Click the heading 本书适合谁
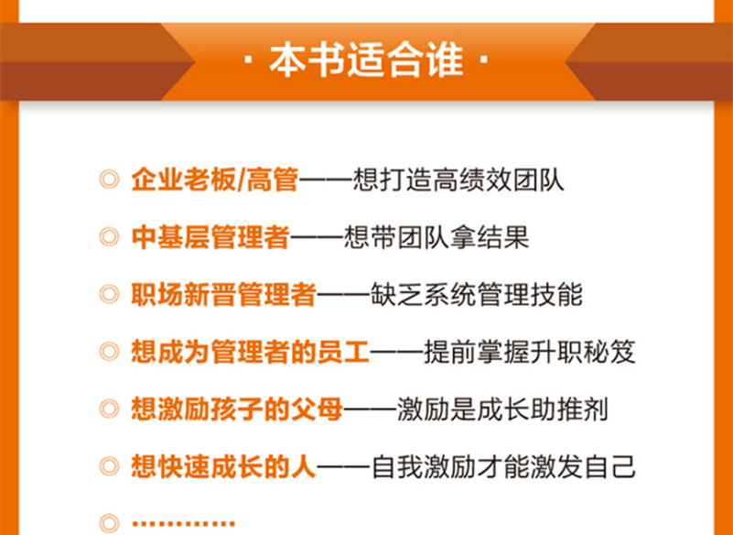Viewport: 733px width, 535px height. pyautogui.click(x=366, y=60)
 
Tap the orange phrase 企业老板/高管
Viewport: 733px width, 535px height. pyautogui.click(x=215, y=180)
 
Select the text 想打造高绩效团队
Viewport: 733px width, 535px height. pyautogui.click(x=458, y=180)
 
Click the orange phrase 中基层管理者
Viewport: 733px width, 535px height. pyautogui.click(x=210, y=237)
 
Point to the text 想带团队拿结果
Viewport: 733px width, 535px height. pyautogui.click(x=437, y=237)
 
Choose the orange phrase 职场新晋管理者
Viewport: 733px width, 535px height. pyautogui.click(x=224, y=294)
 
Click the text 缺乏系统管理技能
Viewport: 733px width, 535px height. pyautogui.click(x=477, y=294)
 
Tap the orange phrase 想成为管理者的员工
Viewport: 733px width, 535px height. pyautogui.click(x=251, y=352)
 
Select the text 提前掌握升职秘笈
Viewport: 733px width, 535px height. pyautogui.click(x=530, y=352)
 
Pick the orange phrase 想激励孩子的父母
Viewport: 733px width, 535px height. pyautogui.click(x=237, y=409)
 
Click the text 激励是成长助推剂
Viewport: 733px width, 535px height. pyautogui.click(x=502, y=409)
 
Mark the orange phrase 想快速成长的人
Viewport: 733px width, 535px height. pyautogui.click(x=224, y=467)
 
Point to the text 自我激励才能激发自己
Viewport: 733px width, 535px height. pyautogui.click(x=503, y=467)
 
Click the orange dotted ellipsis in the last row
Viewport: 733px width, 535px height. pyautogui.click(x=184, y=523)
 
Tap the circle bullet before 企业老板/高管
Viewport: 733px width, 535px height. pyautogui.click(x=110, y=180)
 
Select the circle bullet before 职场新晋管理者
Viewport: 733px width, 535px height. pyautogui.click(x=110, y=295)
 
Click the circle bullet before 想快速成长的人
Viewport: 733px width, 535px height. pyautogui.click(x=110, y=467)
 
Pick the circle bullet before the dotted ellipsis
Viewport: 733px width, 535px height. pyautogui.click(x=110, y=524)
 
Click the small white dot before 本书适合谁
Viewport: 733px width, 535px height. pyautogui.click(x=249, y=60)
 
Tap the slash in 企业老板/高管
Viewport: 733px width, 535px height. pyautogui.click(x=242, y=180)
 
